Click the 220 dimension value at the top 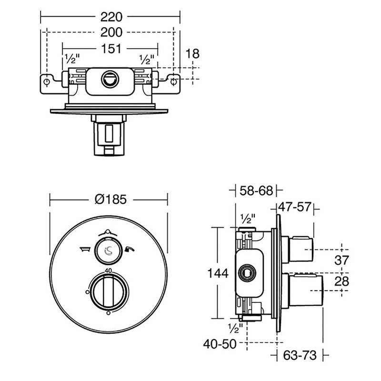pos(111,17)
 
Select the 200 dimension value pos(111,32)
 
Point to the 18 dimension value pos(192,54)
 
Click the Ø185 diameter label pos(110,200)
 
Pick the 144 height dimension pos(218,273)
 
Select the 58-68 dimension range pos(257,191)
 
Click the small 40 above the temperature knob pos(108,271)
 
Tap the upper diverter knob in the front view pos(108,250)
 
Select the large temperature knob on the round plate pos(108,291)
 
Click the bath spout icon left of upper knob pos(85,249)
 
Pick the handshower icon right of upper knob pos(130,249)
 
